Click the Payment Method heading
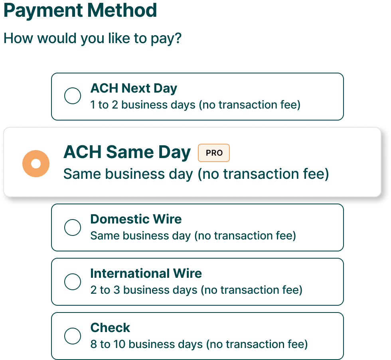click(x=80, y=10)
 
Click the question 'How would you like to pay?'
click(x=93, y=38)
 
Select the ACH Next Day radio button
click(x=73, y=95)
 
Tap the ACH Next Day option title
click(x=134, y=88)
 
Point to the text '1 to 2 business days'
click(x=143, y=105)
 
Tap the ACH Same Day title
click(x=127, y=152)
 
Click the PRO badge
click(x=214, y=153)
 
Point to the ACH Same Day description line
click(x=196, y=174)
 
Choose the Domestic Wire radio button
click(x=73, y=227)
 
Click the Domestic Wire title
click(x=136, y=219)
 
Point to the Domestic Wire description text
click(x=193, y=236)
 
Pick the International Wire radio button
click(x=73, y=282)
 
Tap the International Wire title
click(x=146, y=273)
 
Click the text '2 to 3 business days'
click(x=144, y=290)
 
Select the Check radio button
click(x=73, y=336)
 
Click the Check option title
click(x=110, y=328)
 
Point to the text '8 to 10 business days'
click(x=147, y=344)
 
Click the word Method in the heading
click(x=122, y=10)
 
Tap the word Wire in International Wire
click(x=187, y=273)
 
